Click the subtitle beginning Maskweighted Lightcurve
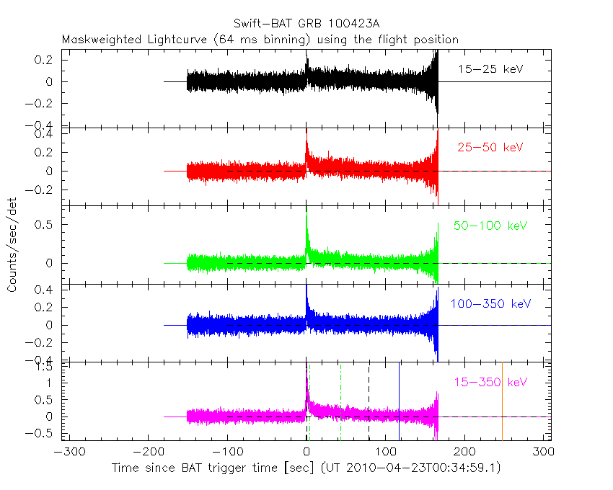point(260,39)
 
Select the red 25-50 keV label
point(490,148)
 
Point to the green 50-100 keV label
point(490,226)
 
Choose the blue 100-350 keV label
point(490,304)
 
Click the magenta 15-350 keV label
point(490,381)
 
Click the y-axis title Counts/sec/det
point(12,246)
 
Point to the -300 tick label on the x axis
point(67,453)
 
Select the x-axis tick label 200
point(464,453)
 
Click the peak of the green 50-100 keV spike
point(306,214)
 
